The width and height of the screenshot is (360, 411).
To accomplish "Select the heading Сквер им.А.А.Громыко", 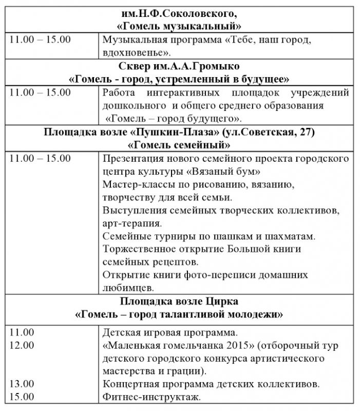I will tap(179, 67).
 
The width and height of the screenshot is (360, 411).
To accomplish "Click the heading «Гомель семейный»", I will tap(179, 144).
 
